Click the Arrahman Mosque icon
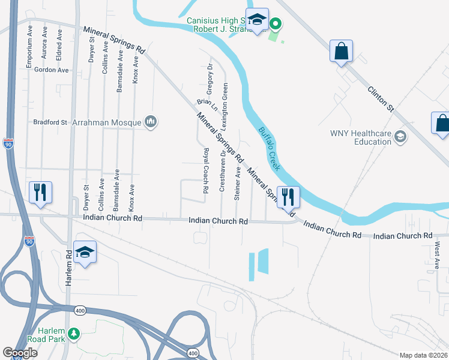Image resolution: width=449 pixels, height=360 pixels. tap(150, 122)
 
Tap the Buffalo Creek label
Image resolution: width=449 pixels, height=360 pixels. tap(270, 148)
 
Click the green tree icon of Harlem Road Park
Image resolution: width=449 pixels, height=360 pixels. tap(74, 334)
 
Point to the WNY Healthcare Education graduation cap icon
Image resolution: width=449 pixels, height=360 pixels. tap(400, 137)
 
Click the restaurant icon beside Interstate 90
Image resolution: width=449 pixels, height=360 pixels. tap(40, 192)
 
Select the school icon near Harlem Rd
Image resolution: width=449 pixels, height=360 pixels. tap(85, 252)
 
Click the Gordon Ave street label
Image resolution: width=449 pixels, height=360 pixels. tap(52, 70)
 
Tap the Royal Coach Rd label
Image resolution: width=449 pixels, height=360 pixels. tap(205, 170)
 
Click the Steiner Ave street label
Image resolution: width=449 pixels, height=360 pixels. tap(238, 183)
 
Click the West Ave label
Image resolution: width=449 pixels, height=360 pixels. tap(438, 254)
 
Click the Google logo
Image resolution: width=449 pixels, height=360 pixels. tap(20, 353)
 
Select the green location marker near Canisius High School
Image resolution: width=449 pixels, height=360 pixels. tap(275, 25)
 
